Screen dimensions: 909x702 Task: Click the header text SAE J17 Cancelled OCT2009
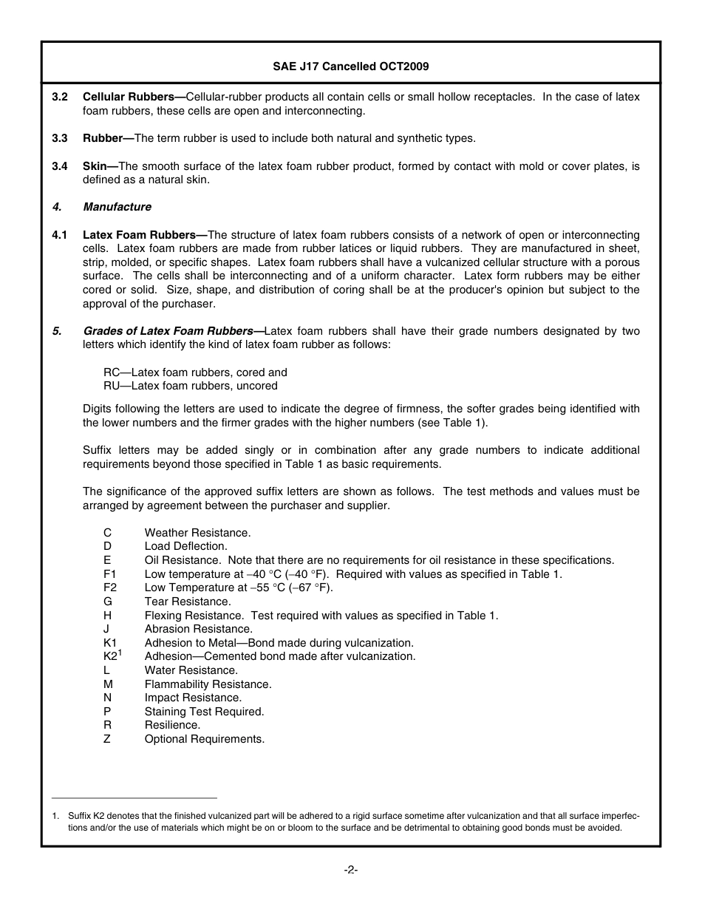coord(350,67)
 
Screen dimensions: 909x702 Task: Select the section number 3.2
coord(60,98)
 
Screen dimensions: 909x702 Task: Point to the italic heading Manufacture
coord(117,207)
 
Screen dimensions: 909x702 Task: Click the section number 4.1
coord(60,235)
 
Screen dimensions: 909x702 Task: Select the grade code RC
coord(112,372)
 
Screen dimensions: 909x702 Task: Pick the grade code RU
coord(112,386)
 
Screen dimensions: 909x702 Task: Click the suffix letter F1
coord(110,574)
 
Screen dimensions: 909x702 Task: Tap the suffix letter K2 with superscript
coord(112,656)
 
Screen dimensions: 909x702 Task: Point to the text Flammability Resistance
coord(208,684)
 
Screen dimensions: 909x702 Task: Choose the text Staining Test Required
coord(204,712)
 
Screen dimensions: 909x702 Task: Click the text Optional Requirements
coord(204,739)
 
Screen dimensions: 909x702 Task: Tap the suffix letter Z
coord(107,739)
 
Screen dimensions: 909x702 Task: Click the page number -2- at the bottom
coord(350,870)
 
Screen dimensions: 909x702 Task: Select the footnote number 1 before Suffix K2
coord(55,816)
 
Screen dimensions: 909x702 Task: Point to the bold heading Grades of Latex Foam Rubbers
coord(168,331)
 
